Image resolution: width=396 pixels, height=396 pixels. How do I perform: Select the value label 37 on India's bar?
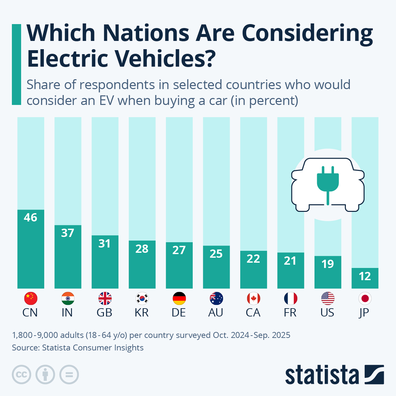[68, 233]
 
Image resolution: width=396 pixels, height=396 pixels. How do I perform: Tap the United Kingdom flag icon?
[105, 299]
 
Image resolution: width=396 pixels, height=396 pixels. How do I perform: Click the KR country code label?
[142, 313]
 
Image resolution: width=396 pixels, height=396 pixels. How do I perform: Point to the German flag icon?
[179, 299]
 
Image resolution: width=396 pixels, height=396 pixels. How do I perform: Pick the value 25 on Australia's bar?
[216, 254]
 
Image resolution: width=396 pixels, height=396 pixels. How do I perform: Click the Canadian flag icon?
[253, 299]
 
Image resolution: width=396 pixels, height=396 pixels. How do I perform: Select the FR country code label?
[290, 313]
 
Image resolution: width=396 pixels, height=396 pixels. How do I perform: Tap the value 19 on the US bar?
[328, 264]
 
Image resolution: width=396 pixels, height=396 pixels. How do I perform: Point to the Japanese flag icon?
[365, 299]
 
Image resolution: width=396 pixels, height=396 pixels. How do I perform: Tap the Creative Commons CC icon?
[21, 375]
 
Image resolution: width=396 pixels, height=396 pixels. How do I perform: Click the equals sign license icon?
[69, 375]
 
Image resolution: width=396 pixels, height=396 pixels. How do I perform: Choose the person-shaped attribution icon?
[45, 375]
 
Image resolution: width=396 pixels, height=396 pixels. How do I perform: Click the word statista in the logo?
[322, 375]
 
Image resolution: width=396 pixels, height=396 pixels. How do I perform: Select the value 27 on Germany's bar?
[179, 250]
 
